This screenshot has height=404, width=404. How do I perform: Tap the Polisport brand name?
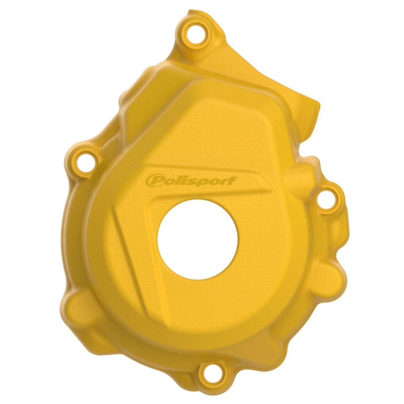190,180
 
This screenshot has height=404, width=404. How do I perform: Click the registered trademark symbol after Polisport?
236,177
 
